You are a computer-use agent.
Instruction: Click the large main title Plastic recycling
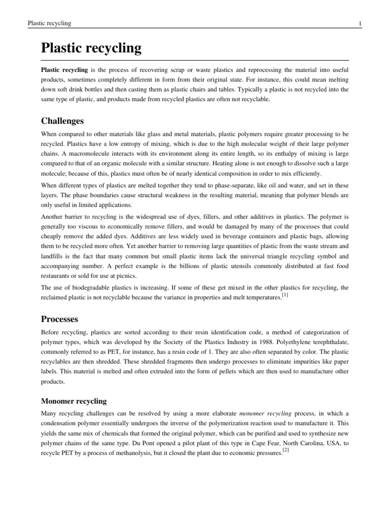tap(91, 49)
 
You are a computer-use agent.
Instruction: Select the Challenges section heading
tap(62, 121)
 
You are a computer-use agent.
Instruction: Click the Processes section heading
tap(59, 320)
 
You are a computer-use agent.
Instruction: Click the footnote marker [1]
tap(285, 296)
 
